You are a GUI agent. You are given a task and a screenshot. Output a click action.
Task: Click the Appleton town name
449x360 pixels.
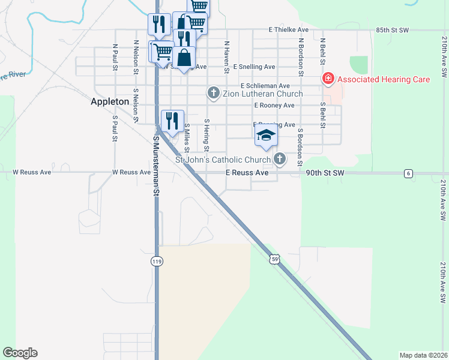tap(110, 101)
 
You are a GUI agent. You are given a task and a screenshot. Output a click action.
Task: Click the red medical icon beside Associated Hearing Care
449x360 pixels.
tap(328, 78)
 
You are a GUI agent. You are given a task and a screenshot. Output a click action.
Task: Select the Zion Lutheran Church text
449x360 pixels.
tap(262, 94)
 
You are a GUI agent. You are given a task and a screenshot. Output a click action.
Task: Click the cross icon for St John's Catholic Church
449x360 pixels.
tap(279, 159)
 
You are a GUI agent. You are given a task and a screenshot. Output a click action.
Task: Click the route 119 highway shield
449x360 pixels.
tap(157, 261)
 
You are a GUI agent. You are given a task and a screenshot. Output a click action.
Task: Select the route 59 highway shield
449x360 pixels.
tap(274, 259)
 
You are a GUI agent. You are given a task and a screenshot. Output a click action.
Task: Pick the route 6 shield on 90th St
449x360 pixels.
tap(408, 173)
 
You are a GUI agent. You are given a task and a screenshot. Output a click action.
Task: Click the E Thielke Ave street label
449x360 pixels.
tap(288, 29)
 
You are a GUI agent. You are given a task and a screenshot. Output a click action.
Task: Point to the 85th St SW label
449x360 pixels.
tap(393, 29)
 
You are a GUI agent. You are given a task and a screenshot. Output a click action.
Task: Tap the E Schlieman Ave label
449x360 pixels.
tap(265, 86)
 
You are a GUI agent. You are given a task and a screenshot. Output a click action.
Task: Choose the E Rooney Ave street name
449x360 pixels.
tap(274, 106)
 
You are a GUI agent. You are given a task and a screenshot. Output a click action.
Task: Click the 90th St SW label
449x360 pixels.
tap(325, 173)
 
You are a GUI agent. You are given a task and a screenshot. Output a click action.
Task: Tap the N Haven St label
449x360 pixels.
tap(227, 57)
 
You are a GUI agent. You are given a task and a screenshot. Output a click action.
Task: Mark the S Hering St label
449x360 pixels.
tap(206, 134)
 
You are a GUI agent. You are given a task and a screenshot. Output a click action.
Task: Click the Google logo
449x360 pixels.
tap(20, 353)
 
